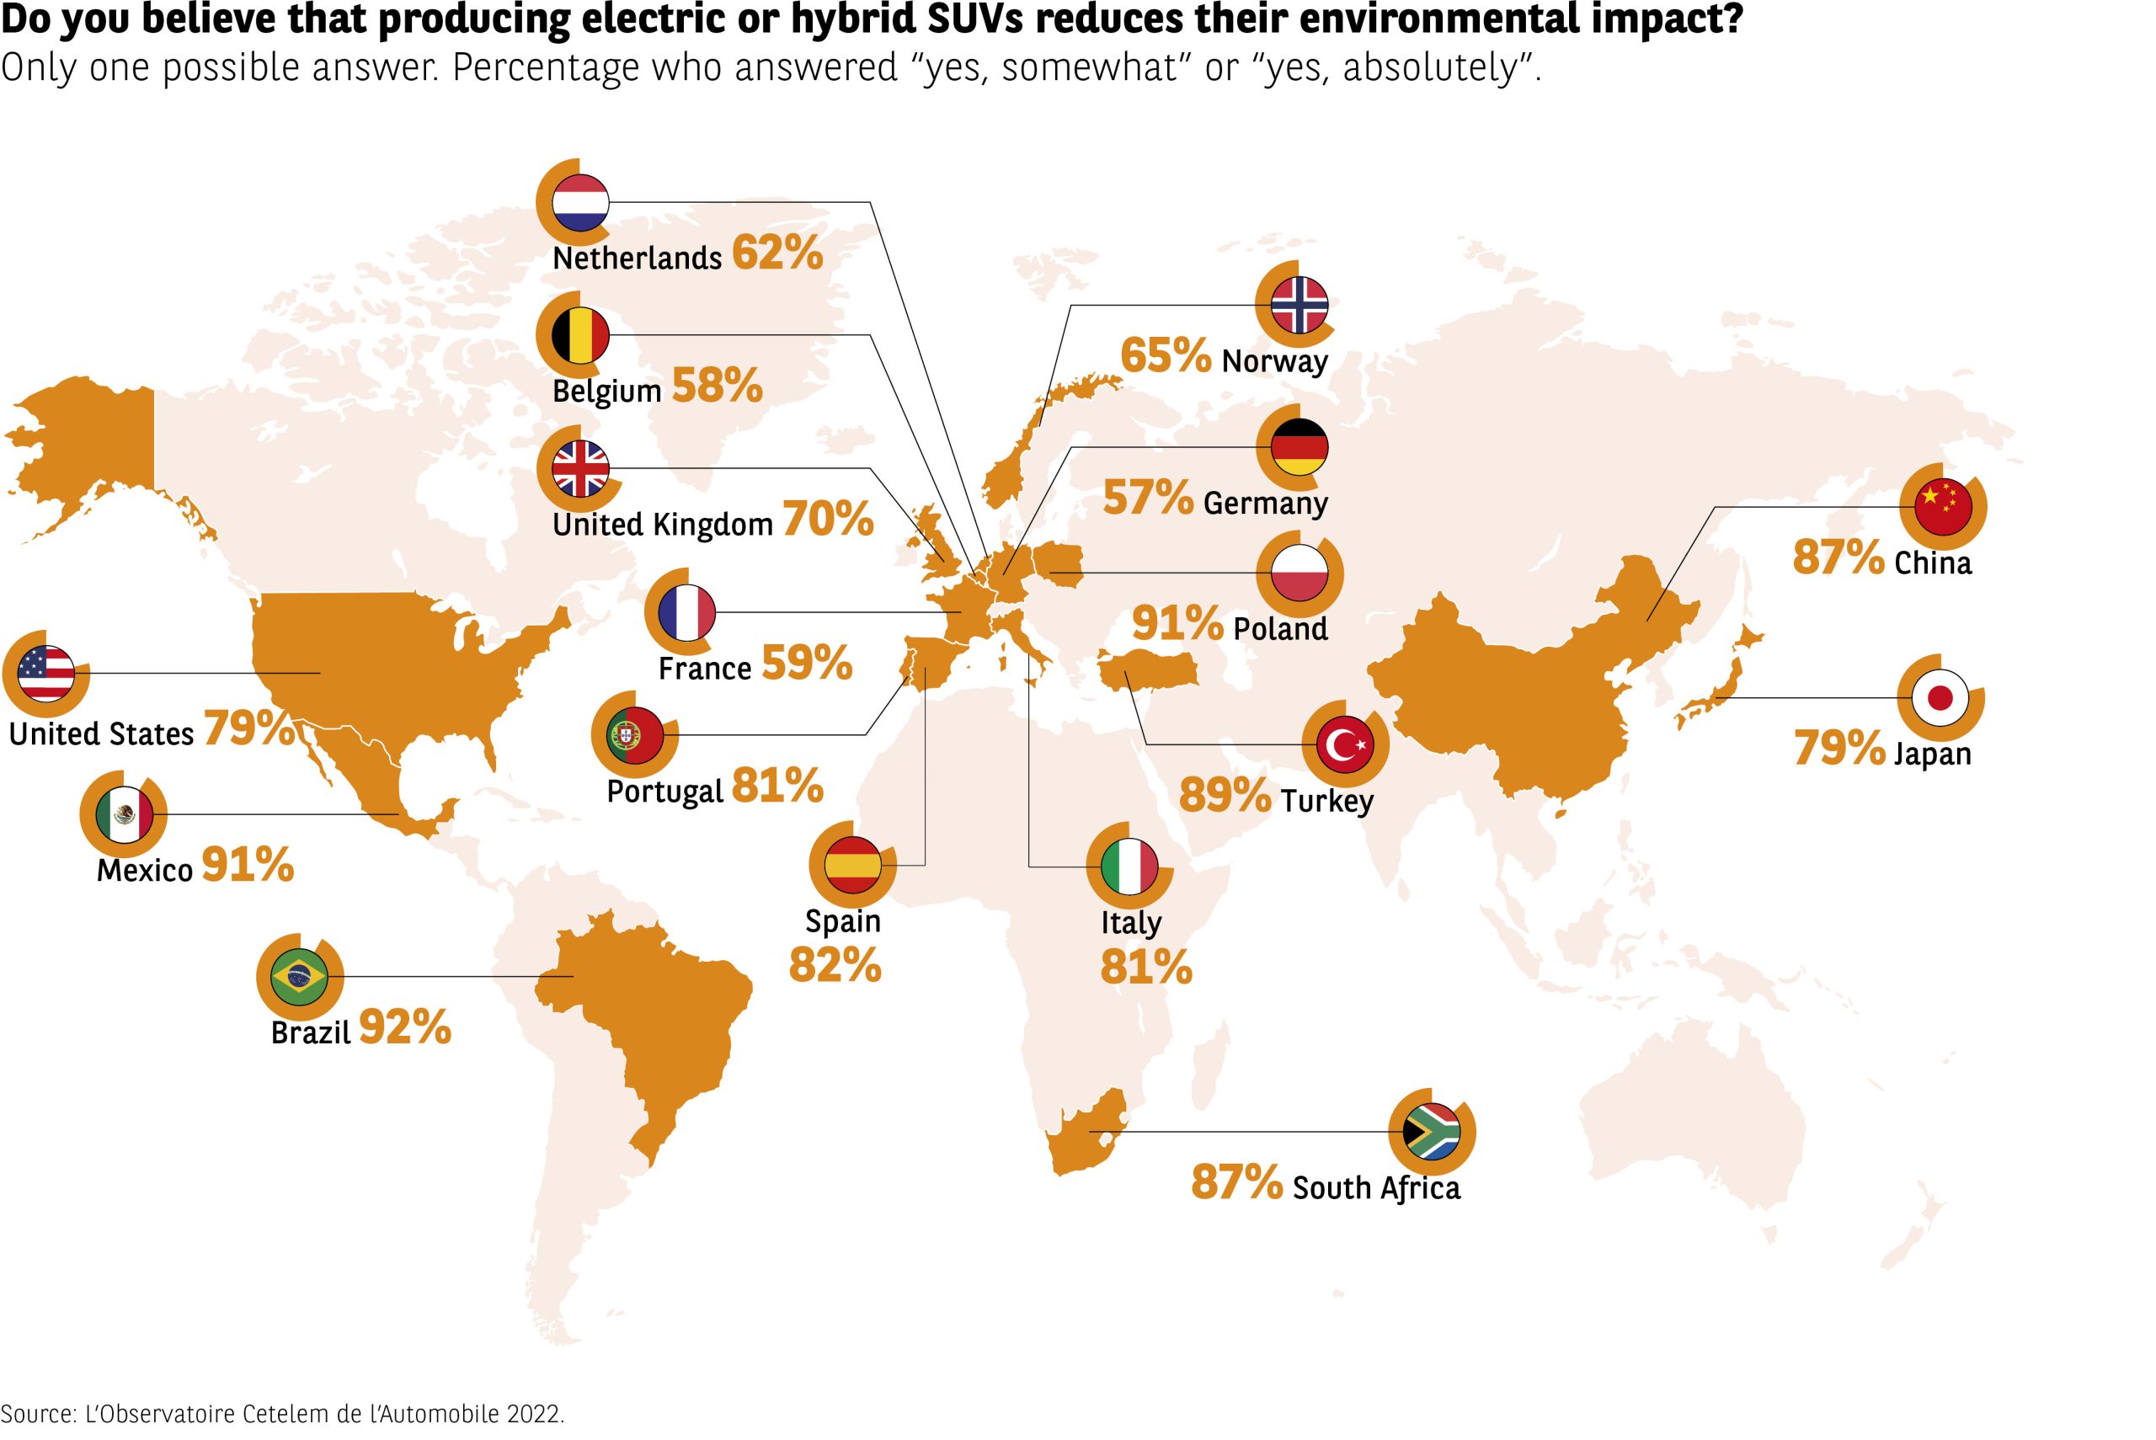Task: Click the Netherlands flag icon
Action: (x=580, y=202)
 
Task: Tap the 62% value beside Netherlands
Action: (x=776, y=253)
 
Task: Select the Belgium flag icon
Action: (x=580, y=335)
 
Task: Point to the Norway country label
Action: (x=1274, y=361)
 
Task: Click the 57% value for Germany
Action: (x=1148, y=499)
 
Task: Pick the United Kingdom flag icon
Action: (x=580, y=468)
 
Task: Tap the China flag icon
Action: (x=1942, y=507)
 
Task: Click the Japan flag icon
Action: (x=1940, y=698)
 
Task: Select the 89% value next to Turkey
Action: (x=1225, y=795)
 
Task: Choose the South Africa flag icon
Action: (x=1432, y=1133)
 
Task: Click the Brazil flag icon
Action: (x=299, y=976)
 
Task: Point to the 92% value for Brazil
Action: (x=405, y=1027)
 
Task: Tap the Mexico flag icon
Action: (x=124, y=814)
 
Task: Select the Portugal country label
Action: (x=664, y=791)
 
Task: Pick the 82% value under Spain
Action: (x=835, y=965)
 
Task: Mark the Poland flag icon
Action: (x=1299, y=573)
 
